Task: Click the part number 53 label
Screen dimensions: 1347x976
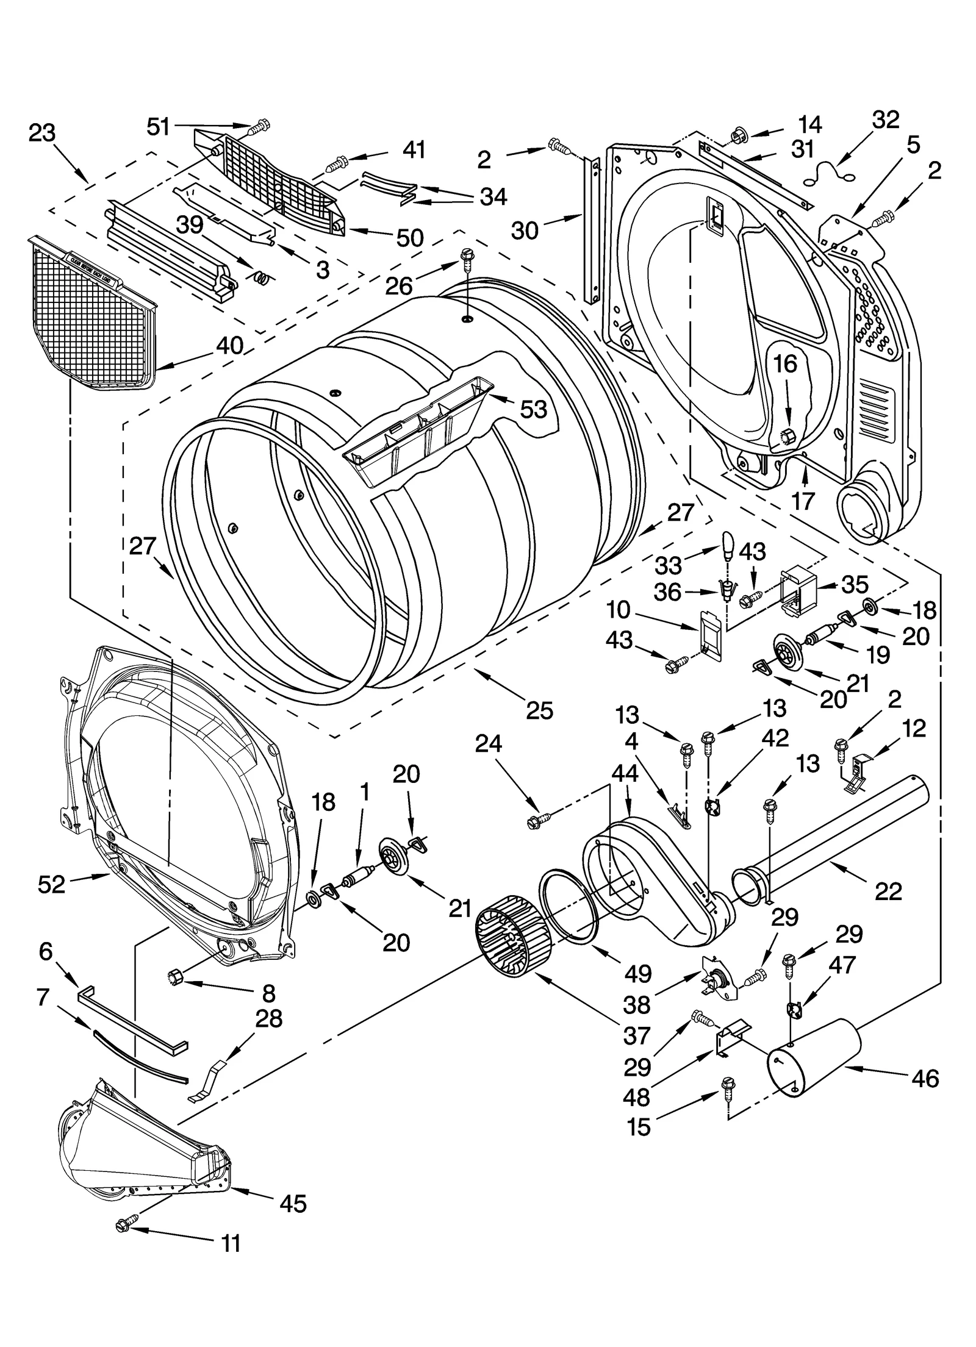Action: (x=533, y=409)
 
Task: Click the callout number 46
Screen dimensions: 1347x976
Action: (x=925, y=1079)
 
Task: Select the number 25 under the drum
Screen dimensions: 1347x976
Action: (x=539, y=710)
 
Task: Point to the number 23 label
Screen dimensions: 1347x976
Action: (x=42, y=133)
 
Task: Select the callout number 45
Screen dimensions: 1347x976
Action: (x=293, y=1187)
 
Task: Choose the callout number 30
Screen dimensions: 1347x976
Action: (x=525, y=230)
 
